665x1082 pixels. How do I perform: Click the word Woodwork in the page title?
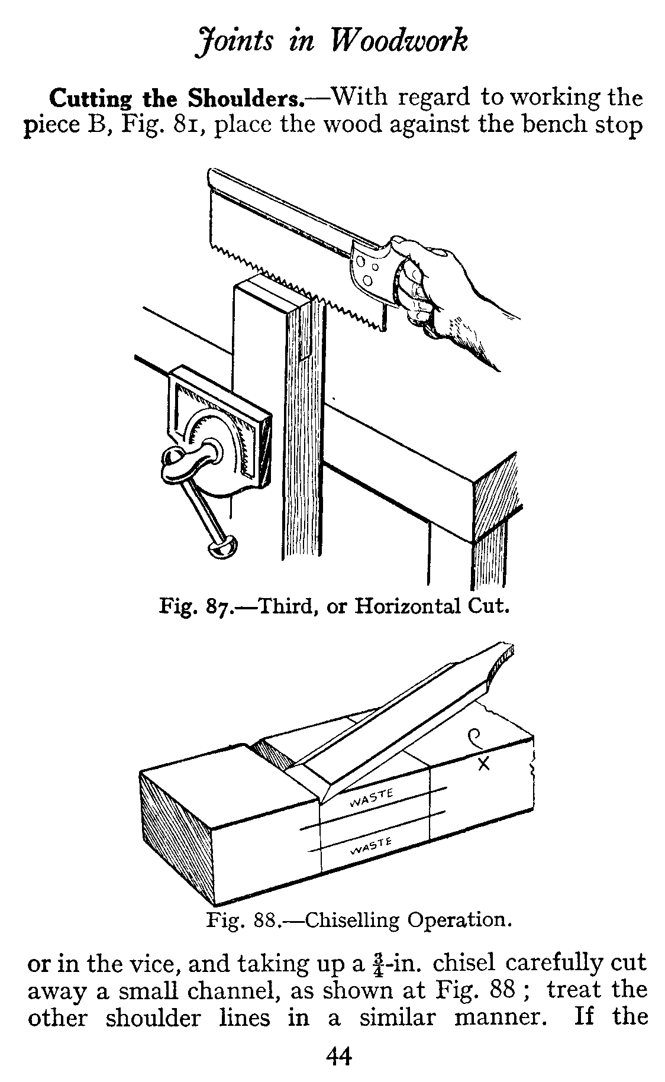pos(401,42)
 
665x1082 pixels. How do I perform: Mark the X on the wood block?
pos(484,764)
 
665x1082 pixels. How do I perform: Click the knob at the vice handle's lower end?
pos(222,547)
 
